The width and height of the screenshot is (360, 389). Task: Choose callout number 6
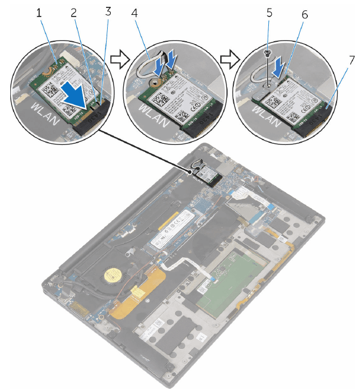tap(304, 13)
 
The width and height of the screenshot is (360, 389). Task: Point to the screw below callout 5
tap(268, 53)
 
